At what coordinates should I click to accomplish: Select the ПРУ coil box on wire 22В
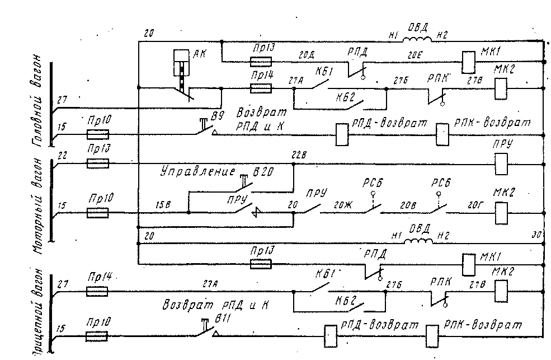(x=501, y=164)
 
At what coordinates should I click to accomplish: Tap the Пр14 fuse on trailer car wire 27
(x=98, y=291)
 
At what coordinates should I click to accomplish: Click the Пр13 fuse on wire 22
(x=98, y=164)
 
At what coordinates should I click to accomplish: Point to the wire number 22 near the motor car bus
(x=63, y=157)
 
